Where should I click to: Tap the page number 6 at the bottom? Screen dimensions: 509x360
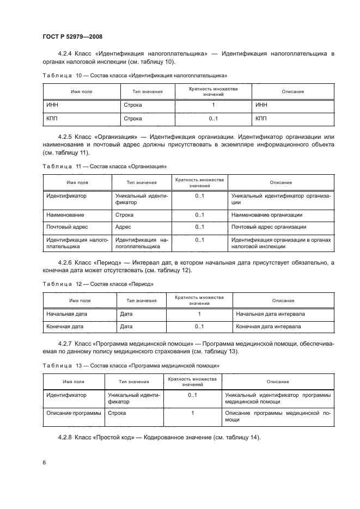coord(44,462)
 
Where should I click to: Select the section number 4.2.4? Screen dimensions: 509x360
coord(65,53)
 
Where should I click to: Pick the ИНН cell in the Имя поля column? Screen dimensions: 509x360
coord(53,105)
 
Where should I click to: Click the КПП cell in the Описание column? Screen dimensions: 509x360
coord(261,118)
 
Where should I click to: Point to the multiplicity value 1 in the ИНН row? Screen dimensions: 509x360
coord(213,105)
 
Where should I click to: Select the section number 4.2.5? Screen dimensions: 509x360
coord(65,136)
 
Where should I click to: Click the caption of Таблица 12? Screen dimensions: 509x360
coord(98,284)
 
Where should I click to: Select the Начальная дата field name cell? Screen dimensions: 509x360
coord(67,314)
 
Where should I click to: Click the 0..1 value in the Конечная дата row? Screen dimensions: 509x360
coord(199,327)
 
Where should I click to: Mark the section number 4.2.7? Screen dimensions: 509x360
coord(65,344)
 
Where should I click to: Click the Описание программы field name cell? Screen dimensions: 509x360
coord(74,413)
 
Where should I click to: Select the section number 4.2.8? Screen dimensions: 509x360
coord(65,438)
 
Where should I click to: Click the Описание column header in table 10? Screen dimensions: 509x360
coord(292,91)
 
